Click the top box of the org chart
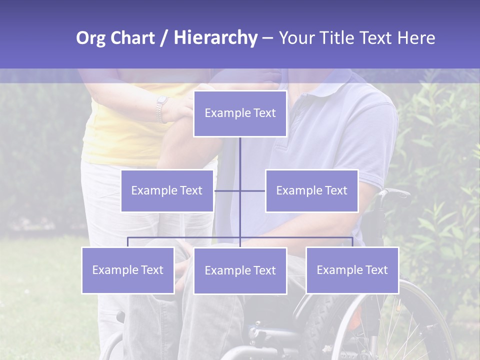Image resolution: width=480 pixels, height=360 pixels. (x=240, y=113)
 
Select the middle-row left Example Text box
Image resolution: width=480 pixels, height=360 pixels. (x=167, y=190)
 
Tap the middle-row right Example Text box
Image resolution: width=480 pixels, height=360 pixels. (x=311, y=190)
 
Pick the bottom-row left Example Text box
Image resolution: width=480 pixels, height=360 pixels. (x=128, y=270)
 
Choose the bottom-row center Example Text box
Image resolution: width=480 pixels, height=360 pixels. (x=240, y=270)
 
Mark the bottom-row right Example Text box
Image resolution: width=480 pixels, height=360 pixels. (x=352, y=270)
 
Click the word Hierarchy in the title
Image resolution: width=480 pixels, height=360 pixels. (x=215, y=38)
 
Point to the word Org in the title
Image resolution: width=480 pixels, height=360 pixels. (x=90, y=38)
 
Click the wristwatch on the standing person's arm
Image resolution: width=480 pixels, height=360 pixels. (x=161, y=109)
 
